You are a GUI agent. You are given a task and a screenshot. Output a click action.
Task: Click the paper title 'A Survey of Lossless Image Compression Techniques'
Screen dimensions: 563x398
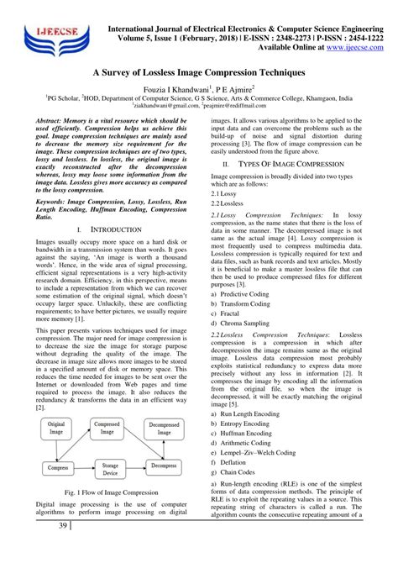199,73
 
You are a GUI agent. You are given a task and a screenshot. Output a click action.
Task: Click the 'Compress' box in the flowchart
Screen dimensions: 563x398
56,466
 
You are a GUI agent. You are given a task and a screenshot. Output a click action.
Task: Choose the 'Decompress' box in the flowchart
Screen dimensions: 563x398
165,466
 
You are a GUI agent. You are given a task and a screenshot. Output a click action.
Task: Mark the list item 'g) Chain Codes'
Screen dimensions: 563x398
238,472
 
